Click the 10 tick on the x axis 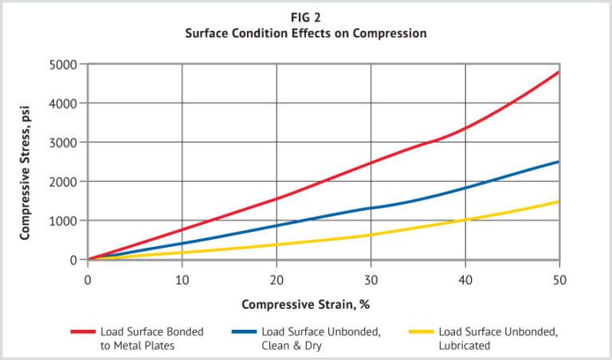point(182,280)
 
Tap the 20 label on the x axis point(277,280)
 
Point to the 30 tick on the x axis point(371,280)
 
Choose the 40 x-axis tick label point(465,280)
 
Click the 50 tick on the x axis point(559,280)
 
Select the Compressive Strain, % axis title point(306,304)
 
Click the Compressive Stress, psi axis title point(25,162)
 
